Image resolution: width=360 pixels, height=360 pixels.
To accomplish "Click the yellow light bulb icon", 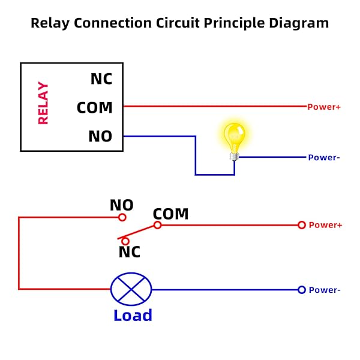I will point(233,137).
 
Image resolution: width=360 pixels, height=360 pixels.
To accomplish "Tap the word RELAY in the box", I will point(43,103).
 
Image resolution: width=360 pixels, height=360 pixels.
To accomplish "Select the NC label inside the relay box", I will point(101,79).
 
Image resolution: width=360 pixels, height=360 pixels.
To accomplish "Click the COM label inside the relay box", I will point(95,108).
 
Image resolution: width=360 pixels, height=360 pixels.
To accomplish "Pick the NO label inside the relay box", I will point(100,136).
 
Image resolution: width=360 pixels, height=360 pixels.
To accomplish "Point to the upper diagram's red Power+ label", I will point(324,107).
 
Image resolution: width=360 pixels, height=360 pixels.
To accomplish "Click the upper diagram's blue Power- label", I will point(324,157).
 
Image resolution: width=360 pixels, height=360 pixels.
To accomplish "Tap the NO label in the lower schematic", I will point(121,205).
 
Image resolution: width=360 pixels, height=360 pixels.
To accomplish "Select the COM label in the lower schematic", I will point(170,214).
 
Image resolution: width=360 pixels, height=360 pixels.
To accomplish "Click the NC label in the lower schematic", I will point(129,252).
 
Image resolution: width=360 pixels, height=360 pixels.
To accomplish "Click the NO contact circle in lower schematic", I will point(122,217).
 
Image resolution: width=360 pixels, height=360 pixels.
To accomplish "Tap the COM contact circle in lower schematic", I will point(157,225).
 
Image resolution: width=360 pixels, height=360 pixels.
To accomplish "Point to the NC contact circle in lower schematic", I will point(125,241).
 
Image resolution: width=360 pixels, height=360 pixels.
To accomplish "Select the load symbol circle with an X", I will point(131,289).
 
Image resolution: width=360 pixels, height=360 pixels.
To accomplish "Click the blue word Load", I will point(133,315).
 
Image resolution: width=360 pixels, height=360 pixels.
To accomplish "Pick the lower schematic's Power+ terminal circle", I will point(302,225).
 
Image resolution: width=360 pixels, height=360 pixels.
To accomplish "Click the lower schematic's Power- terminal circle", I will point(302,290).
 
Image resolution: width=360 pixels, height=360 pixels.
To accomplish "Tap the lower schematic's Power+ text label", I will point(325,225).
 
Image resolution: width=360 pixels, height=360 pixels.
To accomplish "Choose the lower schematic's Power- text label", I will point(325,290).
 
